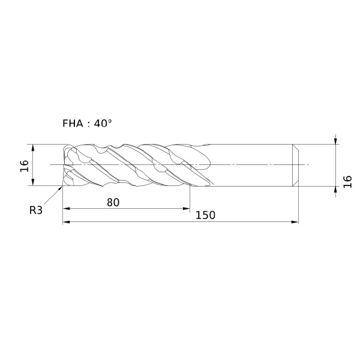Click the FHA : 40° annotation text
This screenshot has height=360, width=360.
[87, 124]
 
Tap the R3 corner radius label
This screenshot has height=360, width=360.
[36, 210]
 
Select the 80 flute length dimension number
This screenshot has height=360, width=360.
[113, 203]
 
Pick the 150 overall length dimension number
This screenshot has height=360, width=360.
[205, 215]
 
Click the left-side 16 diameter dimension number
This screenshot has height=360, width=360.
[25, 166]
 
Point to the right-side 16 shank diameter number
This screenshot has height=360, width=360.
[347, 182]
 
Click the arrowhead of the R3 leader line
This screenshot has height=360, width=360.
[61, 188]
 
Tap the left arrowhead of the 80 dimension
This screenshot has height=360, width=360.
[66, 208]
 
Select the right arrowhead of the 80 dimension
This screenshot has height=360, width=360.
[187, 208]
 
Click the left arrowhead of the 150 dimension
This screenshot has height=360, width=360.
[66, 222]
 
